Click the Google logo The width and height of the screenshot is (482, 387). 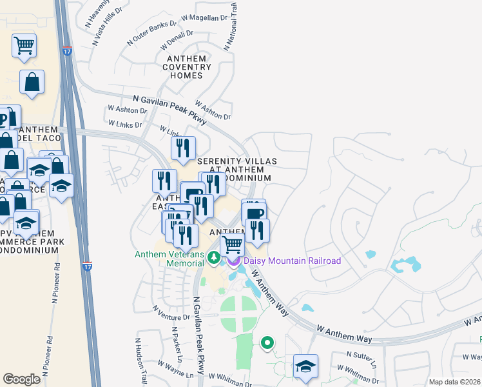coord(22,379)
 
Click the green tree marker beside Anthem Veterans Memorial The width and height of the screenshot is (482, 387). coord(215,257)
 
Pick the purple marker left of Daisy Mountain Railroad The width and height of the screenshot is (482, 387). coord(233,261)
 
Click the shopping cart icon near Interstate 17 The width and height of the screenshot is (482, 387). coord(24,46)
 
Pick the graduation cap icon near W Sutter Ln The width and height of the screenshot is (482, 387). coord(305,367)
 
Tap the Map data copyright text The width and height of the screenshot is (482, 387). coord(455,382)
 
